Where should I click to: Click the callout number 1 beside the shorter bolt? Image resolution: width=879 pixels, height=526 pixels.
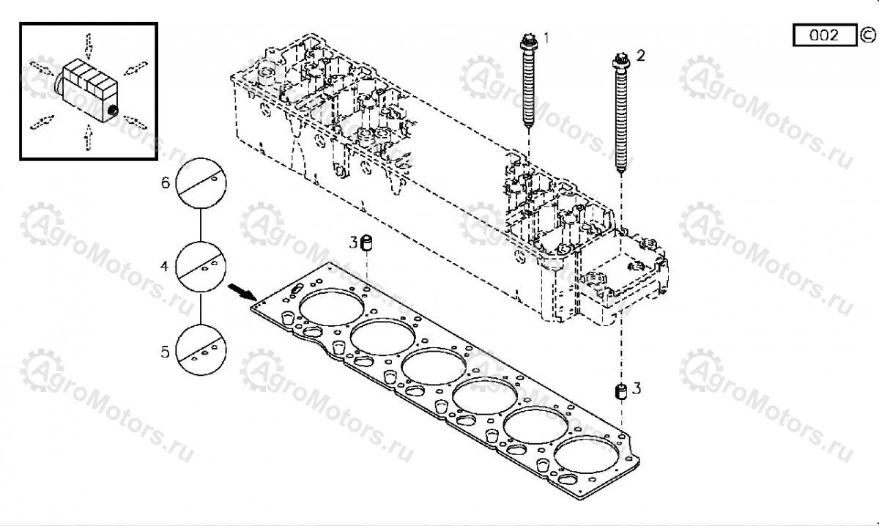tap(546, 39)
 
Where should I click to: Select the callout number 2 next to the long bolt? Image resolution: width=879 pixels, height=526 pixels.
tap(640, 56)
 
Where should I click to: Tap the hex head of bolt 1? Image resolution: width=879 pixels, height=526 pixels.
tap(529, 42)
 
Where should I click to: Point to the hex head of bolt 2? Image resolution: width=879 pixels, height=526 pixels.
tap(621, 61)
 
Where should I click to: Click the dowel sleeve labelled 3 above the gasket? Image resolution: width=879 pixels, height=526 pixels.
tap(366, 242)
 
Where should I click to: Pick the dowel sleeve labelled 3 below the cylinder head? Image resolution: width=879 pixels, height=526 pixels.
tap(620, 391)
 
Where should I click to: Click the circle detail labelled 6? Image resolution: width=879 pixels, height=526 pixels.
tap(201, 183)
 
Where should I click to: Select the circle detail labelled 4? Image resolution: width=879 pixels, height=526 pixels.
tap(201, 267)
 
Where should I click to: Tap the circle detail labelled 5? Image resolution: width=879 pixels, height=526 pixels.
tap(201, 350)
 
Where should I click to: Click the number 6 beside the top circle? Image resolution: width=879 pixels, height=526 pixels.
tap(166, 183)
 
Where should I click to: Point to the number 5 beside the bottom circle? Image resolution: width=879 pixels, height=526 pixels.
tap(166, 352)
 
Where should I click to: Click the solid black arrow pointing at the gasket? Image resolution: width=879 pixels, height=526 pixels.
tap(242, 292)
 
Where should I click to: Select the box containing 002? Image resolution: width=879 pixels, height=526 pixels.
tap(825, 35)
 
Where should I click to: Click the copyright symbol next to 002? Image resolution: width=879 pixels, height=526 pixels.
tap(867, 35)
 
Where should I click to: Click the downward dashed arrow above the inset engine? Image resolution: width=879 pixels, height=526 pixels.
tap(89, 45)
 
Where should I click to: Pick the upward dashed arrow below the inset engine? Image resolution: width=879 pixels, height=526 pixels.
tap(89, 138)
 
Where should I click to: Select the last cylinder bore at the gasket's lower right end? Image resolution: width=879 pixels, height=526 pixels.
tap(587, 456)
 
